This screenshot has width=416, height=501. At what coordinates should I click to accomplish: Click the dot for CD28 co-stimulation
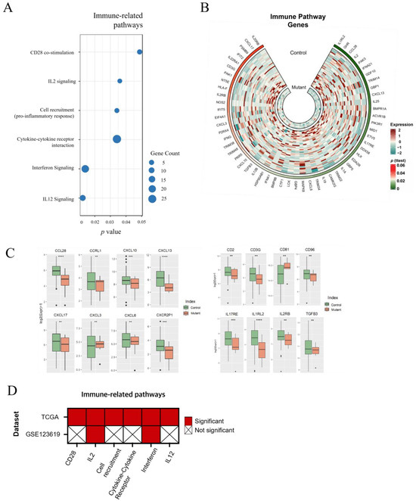pos(140,51)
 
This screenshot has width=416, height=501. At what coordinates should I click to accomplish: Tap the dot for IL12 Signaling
pos(82,198)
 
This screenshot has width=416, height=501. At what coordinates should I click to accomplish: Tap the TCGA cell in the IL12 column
pos(168,417)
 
